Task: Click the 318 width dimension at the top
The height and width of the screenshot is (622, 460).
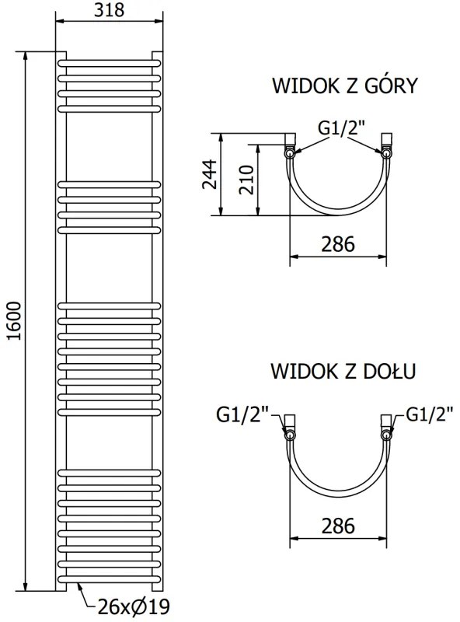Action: tap(109, 10)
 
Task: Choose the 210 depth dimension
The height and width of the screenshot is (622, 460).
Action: tap(245, 180)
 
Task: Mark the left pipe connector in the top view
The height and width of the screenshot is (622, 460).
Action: tap(290, 145)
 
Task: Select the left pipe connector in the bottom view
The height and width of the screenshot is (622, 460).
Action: tap(290, 427)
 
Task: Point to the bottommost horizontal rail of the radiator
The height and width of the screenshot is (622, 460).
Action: tap(109, 578)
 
